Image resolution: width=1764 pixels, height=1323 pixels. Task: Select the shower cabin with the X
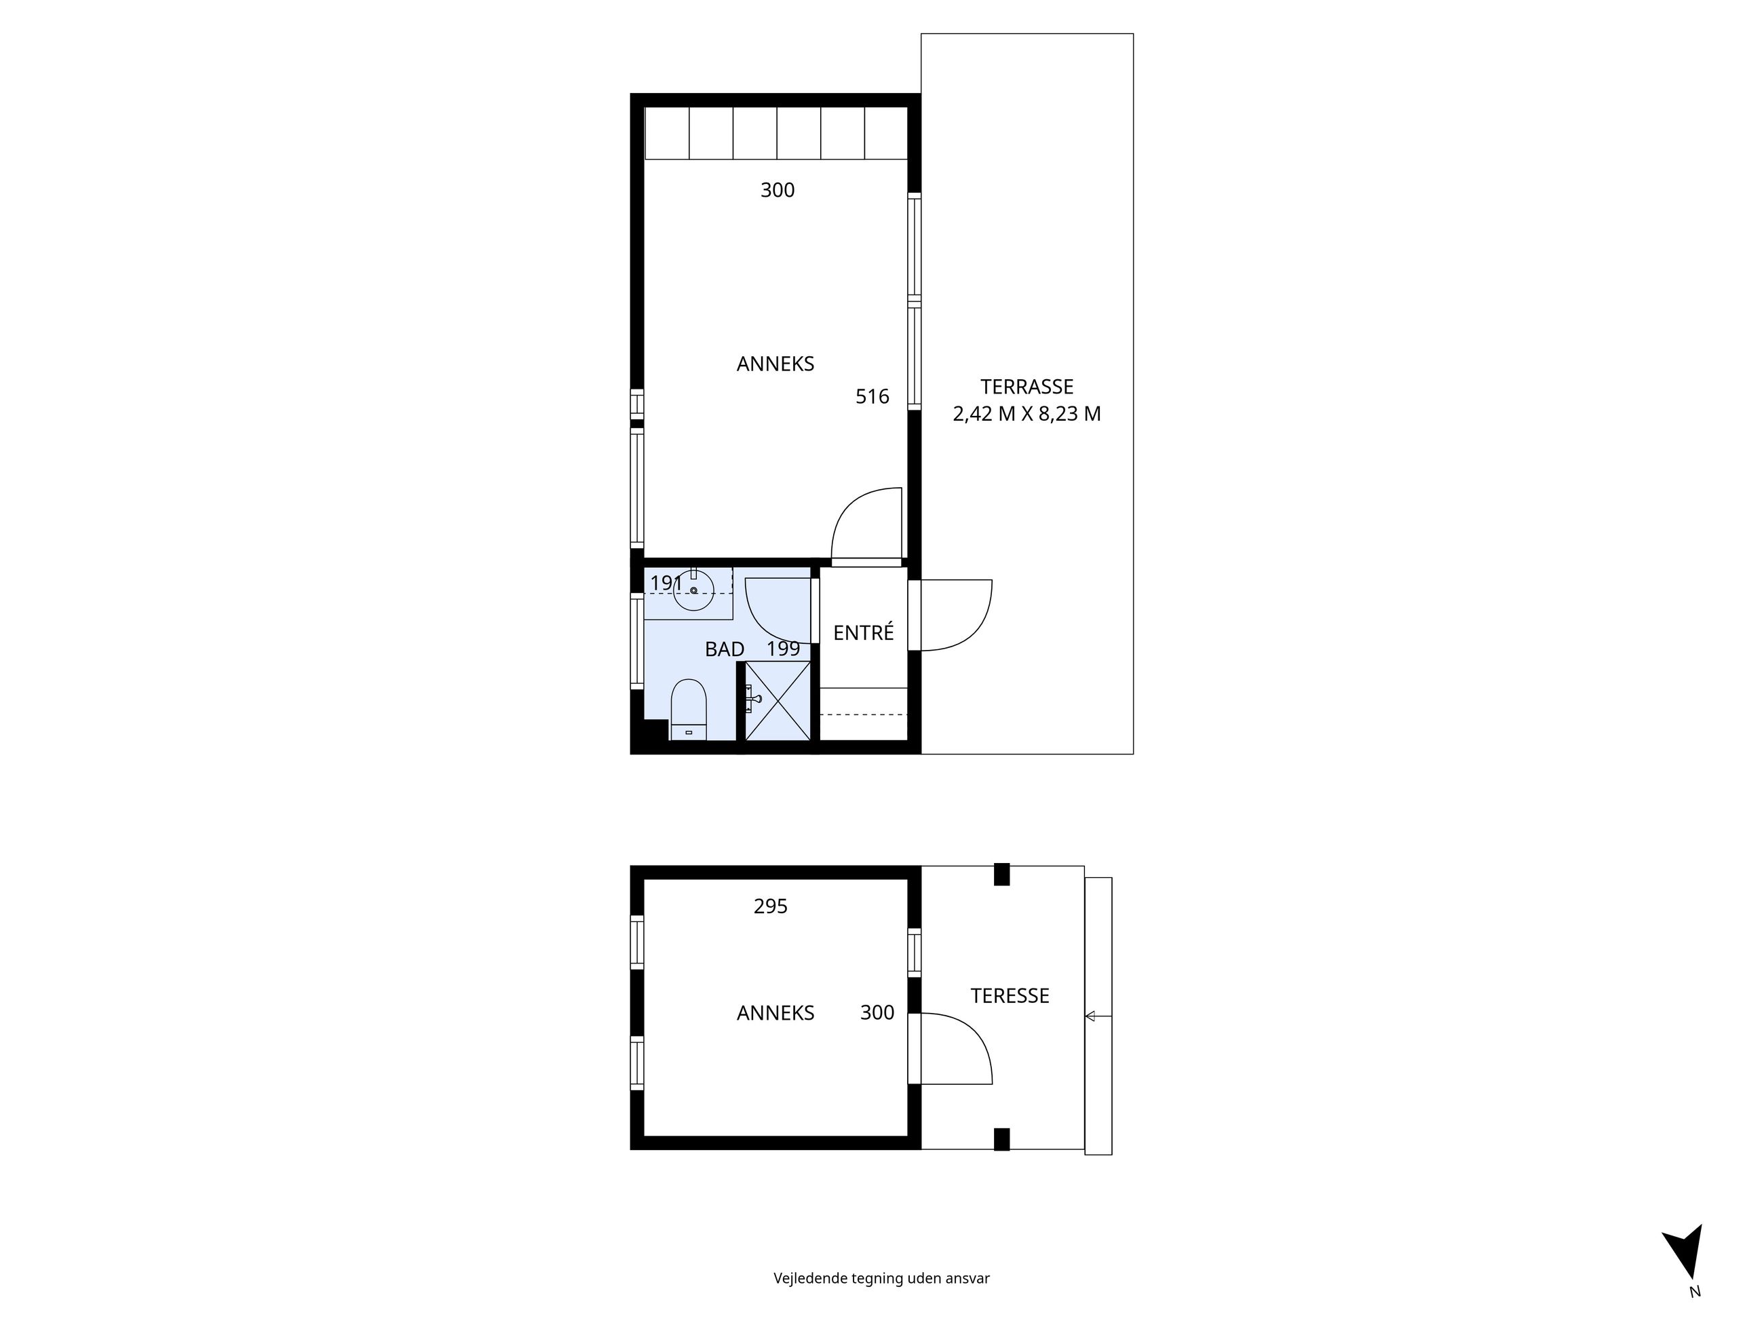click(778, 699)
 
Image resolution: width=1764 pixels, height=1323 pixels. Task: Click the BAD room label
click(724, 649)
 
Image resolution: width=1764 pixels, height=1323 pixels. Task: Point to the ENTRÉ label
click(863, 633)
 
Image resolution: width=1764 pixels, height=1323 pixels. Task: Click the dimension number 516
click(872, 396)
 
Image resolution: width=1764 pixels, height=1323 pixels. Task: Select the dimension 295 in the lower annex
click(770, 906)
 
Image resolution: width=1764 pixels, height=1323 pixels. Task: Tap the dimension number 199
click(783, 649)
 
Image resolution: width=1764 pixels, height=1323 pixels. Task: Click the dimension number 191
click(666, 583)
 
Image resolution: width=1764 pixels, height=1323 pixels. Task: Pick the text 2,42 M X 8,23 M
click(1027, 414)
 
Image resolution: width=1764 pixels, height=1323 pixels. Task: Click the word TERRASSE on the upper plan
click(1027, 387)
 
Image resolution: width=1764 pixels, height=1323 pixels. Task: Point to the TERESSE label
click(1010, 995)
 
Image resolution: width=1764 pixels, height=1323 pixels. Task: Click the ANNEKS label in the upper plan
click(775, 364)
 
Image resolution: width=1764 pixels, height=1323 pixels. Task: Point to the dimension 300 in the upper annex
click(778, 191)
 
